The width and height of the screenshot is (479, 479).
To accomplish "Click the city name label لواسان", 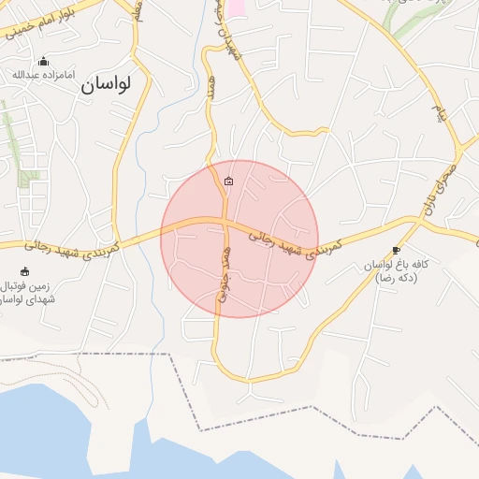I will click(x=105, y=83).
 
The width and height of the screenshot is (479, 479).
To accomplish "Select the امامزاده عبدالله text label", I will click(x=38, y=74).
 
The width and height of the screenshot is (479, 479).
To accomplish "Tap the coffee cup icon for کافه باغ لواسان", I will click(x=396, y=250).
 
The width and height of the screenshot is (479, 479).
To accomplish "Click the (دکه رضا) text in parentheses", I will click(x=397, y=278).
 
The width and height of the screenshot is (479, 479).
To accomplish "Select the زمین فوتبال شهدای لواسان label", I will click(x=26, y=292).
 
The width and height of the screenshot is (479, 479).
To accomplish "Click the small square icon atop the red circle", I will click(x=229, y=181).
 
